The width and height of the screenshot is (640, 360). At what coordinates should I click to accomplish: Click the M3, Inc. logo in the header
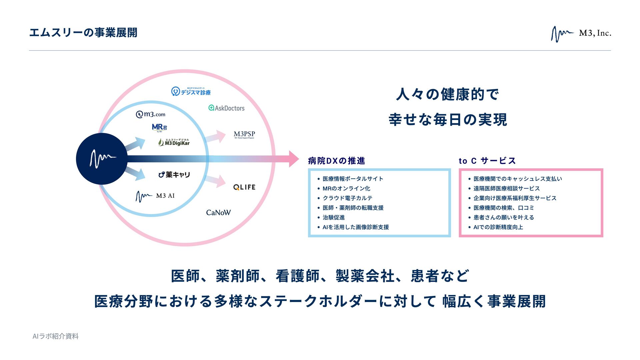point(581,34)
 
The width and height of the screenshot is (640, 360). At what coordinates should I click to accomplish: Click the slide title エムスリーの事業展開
point(83,33)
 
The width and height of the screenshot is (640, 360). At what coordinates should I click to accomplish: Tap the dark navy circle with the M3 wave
point(102,159)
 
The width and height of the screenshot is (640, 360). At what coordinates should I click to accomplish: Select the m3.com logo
point(151,114)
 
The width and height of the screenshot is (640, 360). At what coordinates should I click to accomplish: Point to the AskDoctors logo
point(226,108)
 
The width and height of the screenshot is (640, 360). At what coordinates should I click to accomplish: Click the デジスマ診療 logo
point(191,91)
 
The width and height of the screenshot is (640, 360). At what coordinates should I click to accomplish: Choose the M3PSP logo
point(244,134)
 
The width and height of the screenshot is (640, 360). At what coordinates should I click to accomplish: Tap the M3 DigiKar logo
point(174,142)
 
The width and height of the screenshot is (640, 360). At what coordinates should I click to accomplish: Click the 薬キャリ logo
point(174,174)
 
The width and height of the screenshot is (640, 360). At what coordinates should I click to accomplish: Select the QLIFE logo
point(244,187)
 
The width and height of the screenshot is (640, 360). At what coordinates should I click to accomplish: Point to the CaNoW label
point(218,213)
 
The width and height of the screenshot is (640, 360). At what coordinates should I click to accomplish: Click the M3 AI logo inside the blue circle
point(155,196)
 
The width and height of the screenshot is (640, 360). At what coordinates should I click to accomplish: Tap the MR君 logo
point(159,127)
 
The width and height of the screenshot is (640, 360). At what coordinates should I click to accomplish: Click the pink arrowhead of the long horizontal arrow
point(293,159)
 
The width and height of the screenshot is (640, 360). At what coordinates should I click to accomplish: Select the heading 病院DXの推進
point(336,161)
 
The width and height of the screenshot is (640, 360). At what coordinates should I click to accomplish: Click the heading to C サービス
point(487,161)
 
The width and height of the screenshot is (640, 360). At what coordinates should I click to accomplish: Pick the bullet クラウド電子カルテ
point(347,198)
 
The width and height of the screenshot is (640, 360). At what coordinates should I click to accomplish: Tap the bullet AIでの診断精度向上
point(498,227)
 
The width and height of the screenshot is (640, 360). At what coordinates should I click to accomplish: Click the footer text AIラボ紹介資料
point(56,336)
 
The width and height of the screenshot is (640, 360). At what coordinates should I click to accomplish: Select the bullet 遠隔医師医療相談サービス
point(506,188)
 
